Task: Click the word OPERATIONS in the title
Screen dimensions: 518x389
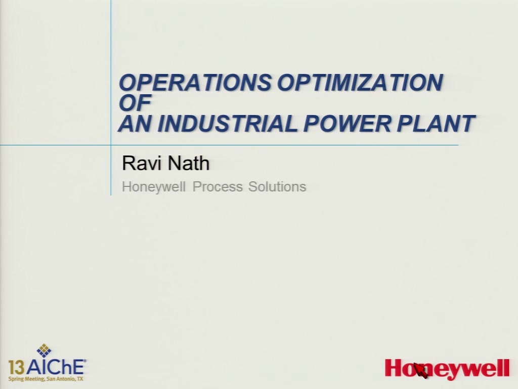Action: coord(195,83)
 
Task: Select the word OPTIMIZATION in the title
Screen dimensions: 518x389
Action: coord(360,83)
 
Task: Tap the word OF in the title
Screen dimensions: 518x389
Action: coord(135,102)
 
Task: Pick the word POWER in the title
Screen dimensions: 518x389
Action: coord(347,124)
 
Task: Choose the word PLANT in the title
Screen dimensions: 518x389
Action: coord(436,124)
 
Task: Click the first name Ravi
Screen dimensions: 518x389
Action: coord(142,163)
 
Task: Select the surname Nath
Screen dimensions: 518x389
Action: coord(188,163)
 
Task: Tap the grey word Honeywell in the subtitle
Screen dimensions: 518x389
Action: coord(154,187)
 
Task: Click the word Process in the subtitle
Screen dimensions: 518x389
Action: coord(218,186)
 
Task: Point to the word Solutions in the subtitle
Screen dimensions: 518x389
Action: coord(277,186)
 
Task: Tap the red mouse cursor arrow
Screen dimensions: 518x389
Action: coord(420,370)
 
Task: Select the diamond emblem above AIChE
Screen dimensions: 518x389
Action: coord(44,351)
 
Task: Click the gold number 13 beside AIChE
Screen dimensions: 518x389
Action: coord(16,368)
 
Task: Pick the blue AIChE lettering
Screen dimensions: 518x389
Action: coord(55,367)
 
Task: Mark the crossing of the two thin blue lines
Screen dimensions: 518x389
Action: coord(111,145)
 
